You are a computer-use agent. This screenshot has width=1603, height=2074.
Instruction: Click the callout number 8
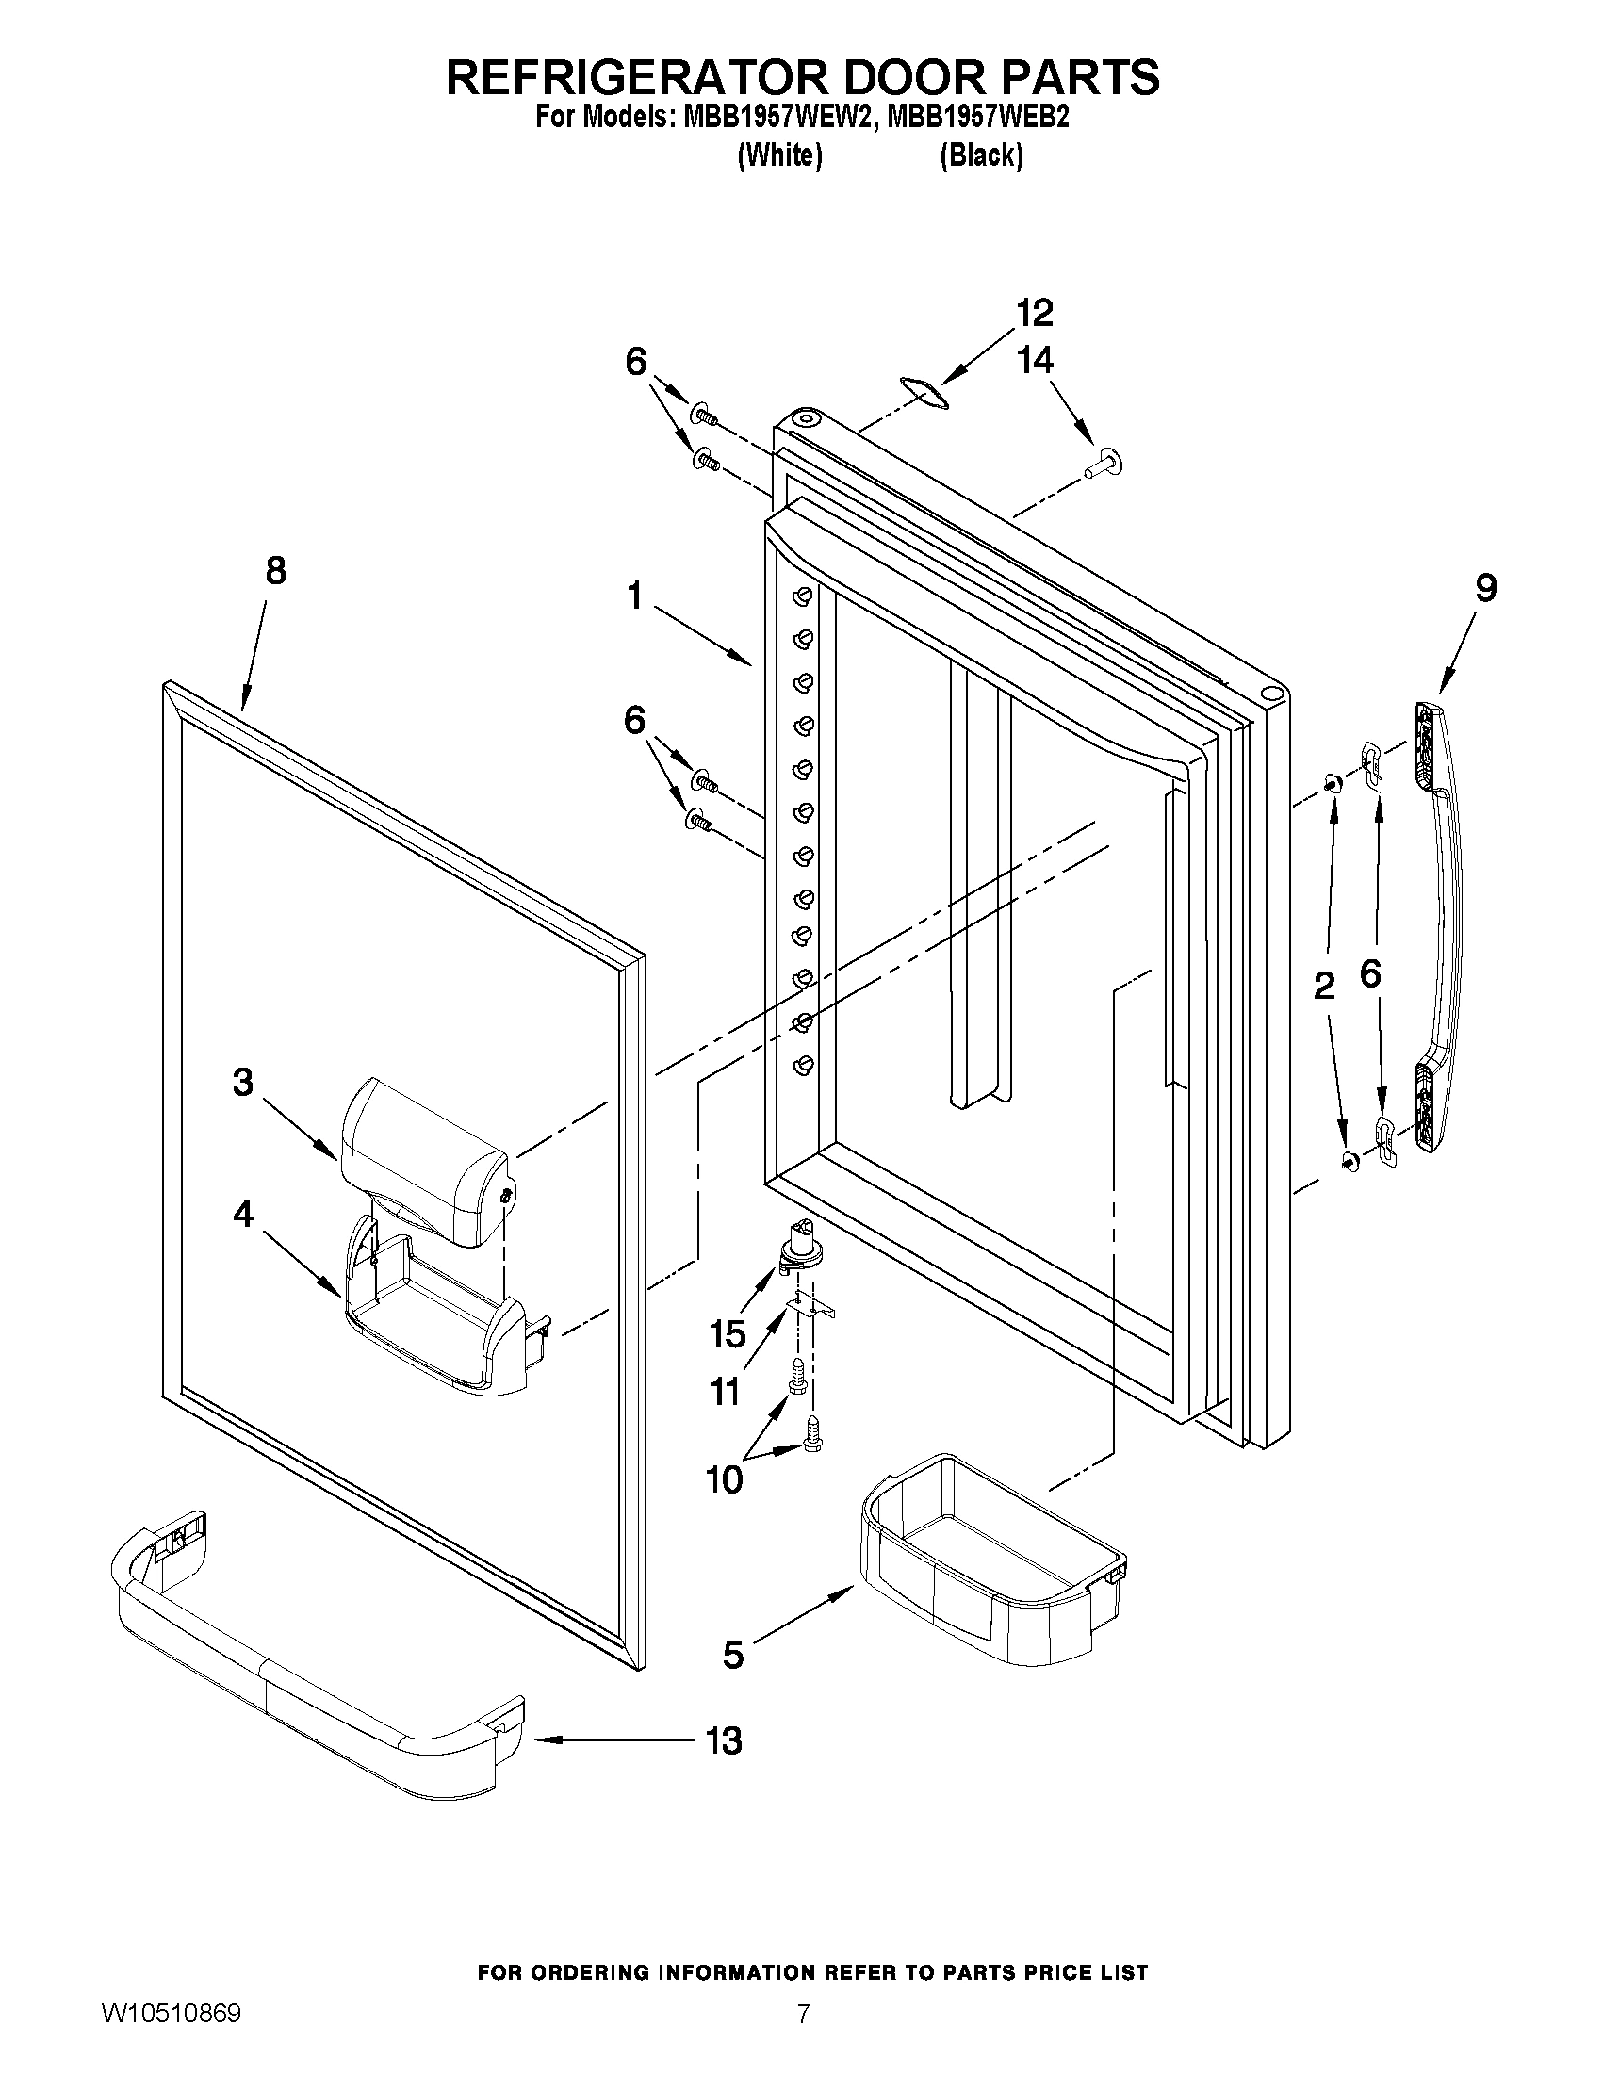[x=274, y=572]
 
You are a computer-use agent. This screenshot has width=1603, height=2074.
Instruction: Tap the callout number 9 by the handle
[x=1485, y=588]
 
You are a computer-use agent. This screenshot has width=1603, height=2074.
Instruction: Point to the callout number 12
[x=1034, y=312]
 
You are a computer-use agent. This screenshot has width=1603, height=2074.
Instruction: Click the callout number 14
[x=1034, y=360]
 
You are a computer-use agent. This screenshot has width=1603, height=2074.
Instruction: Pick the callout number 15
[x=728, y=1333]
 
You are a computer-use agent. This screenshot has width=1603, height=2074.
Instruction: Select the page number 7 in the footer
[x=803, y=2039]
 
